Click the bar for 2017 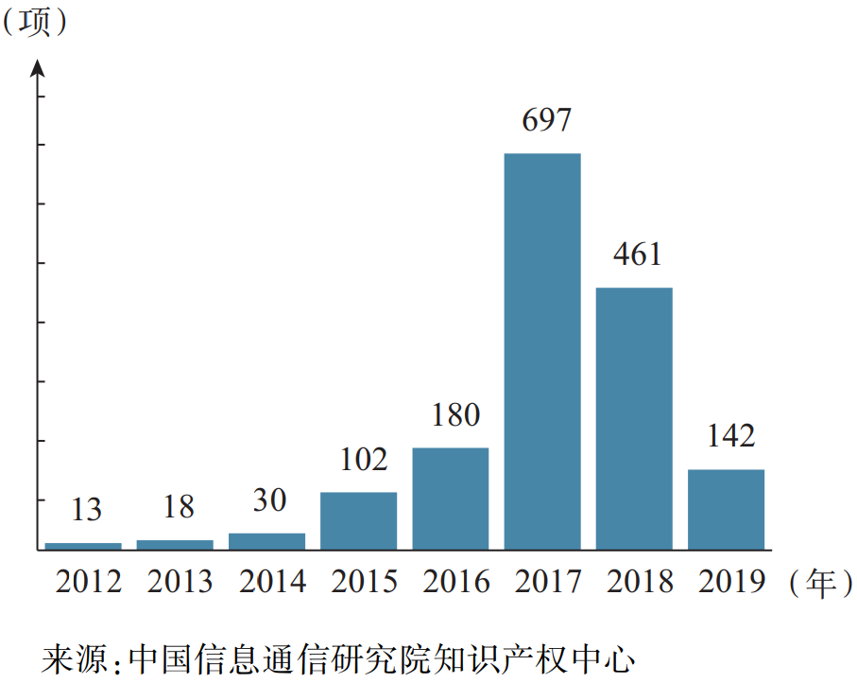coord(542,351)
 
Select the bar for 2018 coord(634,418)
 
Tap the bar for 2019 coord(726,509)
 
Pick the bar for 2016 coord(451,499)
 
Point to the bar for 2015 coord(359,520)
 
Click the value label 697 coord(546,120)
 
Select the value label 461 coord(637,254)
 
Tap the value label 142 coord(730,436)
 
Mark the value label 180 coord(455,414)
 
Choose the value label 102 coord(364,459)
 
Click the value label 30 coord(269,500)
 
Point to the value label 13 coord(86,510)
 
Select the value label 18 coord(178,507)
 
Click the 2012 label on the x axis coord(89,581)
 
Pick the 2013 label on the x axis coord(180,581)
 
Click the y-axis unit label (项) coord(36,23)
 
